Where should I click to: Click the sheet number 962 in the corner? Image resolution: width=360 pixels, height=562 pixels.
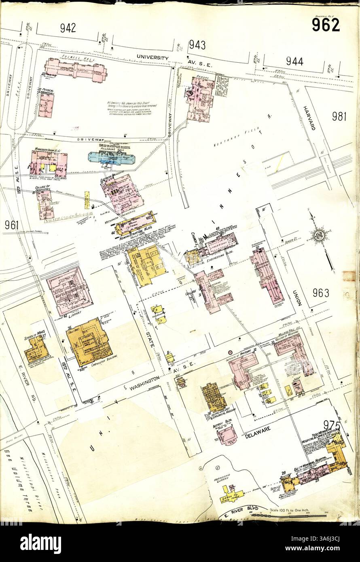point(326,25)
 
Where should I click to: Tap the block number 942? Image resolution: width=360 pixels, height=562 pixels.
point(68,28)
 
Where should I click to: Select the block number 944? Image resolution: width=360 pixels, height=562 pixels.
point(294,61)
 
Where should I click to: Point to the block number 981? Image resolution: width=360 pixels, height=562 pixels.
point(340,116)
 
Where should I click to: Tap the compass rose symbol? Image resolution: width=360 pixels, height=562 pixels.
point(319,235)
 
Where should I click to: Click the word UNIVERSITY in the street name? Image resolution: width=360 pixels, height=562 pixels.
point(152,58)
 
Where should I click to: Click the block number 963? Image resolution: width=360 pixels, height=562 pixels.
point(321,293)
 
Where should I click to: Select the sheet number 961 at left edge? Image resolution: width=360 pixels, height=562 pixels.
point(12,225)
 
